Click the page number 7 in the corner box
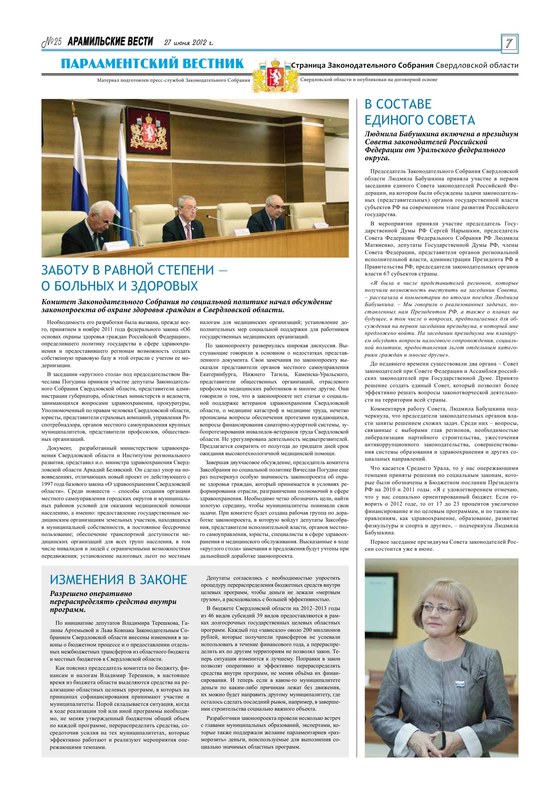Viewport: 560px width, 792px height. coord(509,44)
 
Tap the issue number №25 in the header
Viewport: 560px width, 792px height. coord(52,42)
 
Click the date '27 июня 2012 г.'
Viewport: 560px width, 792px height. coord(188,43)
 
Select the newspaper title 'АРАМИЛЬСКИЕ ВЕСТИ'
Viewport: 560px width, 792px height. coord(110,42)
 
